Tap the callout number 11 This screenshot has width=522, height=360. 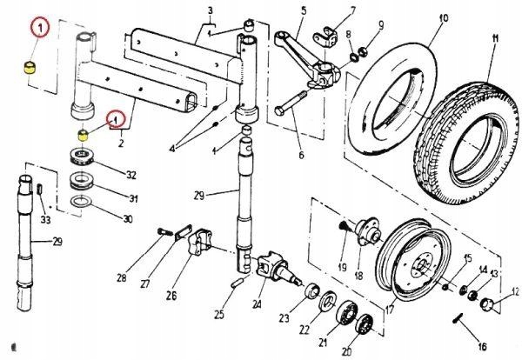click(x=494, y=37)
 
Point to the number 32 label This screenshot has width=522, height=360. click(x=131, y=174)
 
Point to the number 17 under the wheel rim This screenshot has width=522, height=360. click(x=389, y=308)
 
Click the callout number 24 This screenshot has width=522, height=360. click(x=257, y=304)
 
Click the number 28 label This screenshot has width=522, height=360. click(x=121, y=279)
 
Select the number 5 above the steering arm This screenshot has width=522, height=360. click(x=304, y=10)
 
